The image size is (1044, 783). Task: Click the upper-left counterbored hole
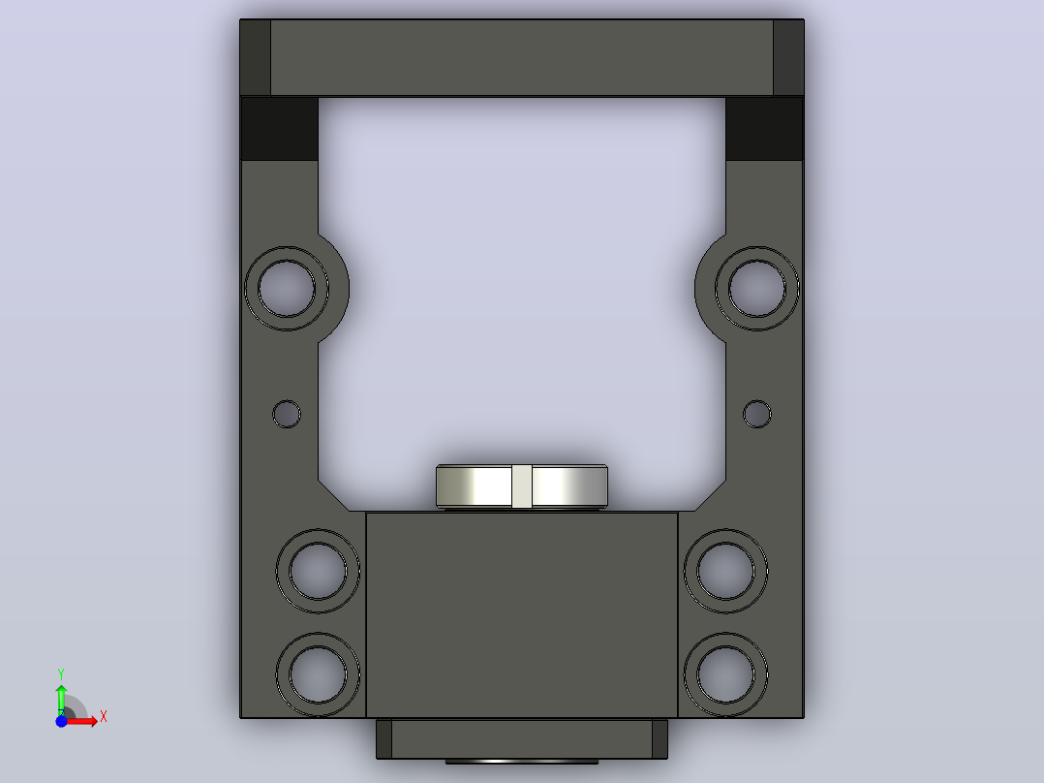point(287,289)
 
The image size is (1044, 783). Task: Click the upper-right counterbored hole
point(757,289)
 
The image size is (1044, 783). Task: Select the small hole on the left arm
point(287,414)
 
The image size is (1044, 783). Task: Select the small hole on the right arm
point(757,414)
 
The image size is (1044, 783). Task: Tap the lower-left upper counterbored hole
point(318,571)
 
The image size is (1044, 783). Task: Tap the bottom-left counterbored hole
point(318,674)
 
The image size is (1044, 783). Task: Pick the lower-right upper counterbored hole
point(725,571)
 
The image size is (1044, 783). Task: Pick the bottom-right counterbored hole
point(725,674)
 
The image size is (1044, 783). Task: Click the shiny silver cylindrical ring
point(479,486)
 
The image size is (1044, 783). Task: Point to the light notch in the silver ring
point(522,486)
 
